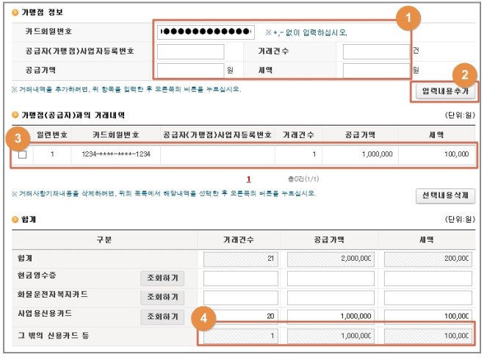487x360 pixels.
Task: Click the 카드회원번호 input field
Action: (x=206, y=32)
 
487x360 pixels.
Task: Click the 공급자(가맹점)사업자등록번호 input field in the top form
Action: (x=190, y=51)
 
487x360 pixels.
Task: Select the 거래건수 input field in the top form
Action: (x=375, y=51)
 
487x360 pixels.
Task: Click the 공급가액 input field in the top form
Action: (x=190, y=71)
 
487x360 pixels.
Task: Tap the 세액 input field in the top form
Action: (x=375, y=71)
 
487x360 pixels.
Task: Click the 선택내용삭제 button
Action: (x=445, y=195)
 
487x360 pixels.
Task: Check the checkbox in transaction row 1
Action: (x=23, y=155)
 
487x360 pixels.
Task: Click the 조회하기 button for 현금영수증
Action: (x=162, y=278)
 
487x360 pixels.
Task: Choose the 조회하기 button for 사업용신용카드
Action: (x=162, y=317)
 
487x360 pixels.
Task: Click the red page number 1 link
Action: (x=249, y=179)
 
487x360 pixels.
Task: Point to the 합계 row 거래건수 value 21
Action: (x=239, y=259)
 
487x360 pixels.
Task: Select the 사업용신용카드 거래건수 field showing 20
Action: (x=239, y=316)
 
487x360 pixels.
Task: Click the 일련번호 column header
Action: (x=52, y=135)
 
